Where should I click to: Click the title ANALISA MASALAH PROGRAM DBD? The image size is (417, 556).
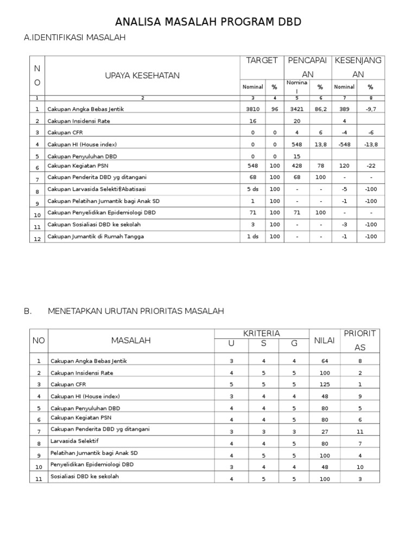pyautogui.click(x=208, y=22)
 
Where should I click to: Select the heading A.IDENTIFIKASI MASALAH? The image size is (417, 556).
pyautogui.click(x=75, y=38)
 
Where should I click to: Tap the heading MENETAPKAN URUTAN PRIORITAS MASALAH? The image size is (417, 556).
pyautogui.click(x=136, y=311)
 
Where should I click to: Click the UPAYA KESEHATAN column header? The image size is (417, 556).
pyautogui.click(x=142, y=75)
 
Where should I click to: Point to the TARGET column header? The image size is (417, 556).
pyautogui.click(x=262, y=60)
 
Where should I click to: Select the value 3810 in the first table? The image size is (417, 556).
pyautogui.click(x=252, y=109)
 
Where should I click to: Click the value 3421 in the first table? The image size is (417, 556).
pyautogui.click(x=297, y=109)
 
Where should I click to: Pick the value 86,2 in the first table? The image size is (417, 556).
pyautogui.click(x=320, y=109)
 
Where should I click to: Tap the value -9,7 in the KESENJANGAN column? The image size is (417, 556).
pyautogui.click(x=370, y=109)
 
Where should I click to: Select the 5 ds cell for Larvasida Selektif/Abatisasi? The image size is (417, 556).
pyautogui.click(x=252, y=189)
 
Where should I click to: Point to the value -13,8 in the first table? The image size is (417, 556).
pyautogui.click(x=370, y=144)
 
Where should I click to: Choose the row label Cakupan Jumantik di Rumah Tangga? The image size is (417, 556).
pyautogui.click(x=96, y=237)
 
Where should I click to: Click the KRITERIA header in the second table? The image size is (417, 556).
pyautogui.click(x=262, y=333)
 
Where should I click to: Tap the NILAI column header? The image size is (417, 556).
pyautogui.click(x=324, y=340)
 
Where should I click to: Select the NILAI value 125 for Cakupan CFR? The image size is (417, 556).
pyautogui.click(x=324, y=384)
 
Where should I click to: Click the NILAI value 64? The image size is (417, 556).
pyautogui.click(x=324, y=361)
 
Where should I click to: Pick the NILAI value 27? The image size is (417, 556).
pyautogui.click(x=324, y=432)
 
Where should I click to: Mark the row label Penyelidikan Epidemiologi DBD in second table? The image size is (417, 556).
pyautogui.click(x=92, y=465)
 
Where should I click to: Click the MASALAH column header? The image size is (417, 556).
pyautogui.click(x=131, y=340)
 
